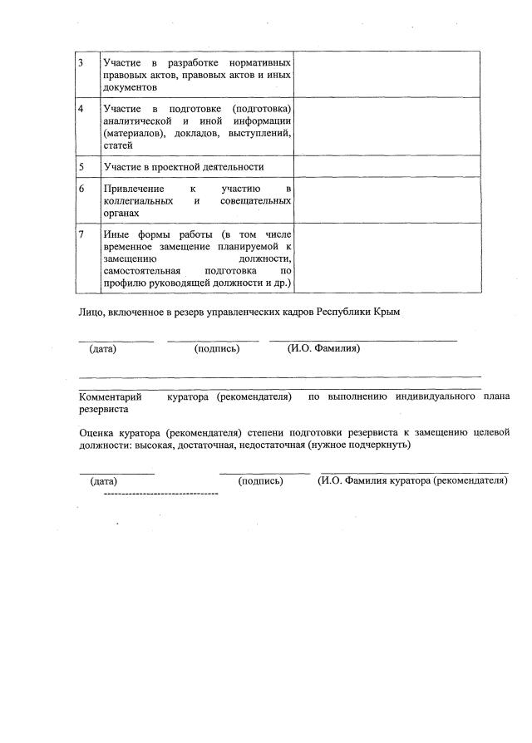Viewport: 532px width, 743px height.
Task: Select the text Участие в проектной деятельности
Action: (183, 167)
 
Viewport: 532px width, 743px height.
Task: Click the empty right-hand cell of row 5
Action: (387, 167)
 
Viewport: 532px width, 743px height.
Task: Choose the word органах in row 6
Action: (121, 213)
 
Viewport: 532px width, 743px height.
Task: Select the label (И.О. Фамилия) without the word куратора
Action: (323, 349)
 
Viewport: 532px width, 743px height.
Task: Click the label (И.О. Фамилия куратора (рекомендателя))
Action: (412, 481)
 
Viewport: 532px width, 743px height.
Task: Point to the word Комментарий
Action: (111, 397)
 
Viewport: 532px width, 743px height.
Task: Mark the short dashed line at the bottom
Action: (160, 494)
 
